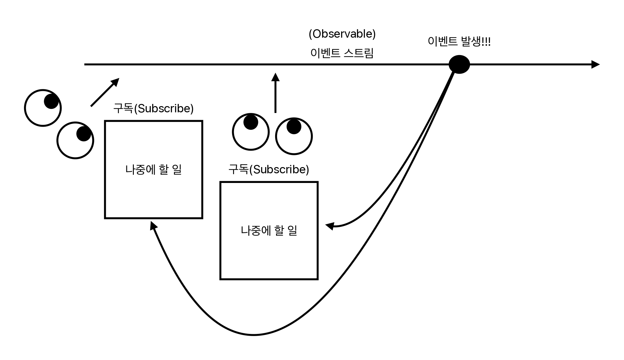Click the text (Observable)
pos(342,34)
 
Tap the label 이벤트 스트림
pos(342,53)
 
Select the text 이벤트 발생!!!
pos(459,41)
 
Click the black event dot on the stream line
pos(459,64)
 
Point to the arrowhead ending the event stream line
pos(595,64)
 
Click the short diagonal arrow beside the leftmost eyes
pos(105,92)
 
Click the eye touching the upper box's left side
pos(75,140)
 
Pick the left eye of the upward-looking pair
pos(251,132)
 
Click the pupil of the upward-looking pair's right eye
pos(294,127)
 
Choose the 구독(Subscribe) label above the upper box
pos(153,108)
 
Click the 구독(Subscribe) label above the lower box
pos(269,169)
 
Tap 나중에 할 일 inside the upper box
pos(153,170)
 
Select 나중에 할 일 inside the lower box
pos(269,231)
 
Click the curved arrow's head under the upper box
pos(153,225)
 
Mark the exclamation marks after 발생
pos(486,41)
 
